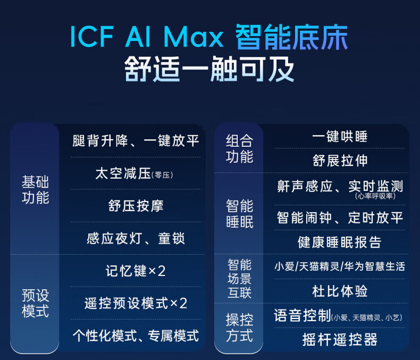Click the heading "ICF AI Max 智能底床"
[209, 37]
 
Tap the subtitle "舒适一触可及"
[209, 69]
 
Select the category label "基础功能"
[36, 190]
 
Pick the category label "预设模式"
[36, 303]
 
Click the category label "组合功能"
[239, 148]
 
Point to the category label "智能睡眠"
[239, 213]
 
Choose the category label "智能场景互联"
[239, 279]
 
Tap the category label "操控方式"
[239, 328]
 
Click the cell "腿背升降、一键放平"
[136, 140]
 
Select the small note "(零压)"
[162, 175]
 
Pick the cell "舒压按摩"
[136, 206]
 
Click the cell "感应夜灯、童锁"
[136, 238]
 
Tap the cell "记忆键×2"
[136, 271]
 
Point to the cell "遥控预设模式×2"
[136, 303]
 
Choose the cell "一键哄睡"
[340, 137]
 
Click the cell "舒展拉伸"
[340, 161]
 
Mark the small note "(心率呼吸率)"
[375, 196]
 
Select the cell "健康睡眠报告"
[339, 242]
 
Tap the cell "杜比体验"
[340, 291]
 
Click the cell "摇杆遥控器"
[340, 340]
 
